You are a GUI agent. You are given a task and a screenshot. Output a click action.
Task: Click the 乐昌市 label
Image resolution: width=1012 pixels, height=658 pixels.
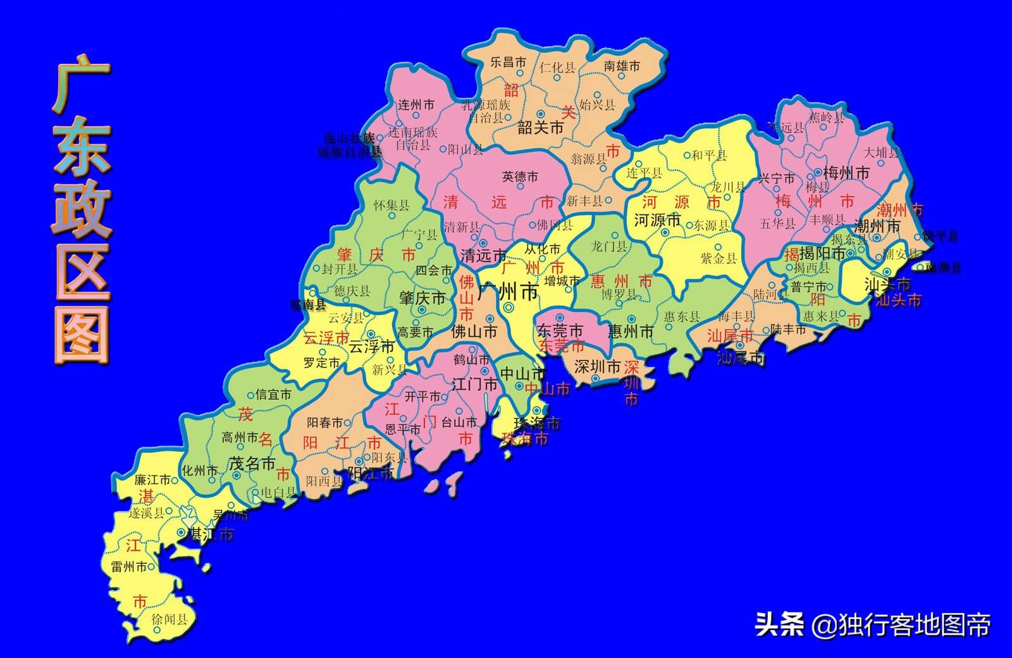click(509, 62)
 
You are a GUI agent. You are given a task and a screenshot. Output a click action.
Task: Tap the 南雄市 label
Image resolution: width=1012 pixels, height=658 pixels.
click(622, 65)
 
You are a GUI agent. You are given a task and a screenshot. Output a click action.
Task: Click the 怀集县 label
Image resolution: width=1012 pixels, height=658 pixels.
click(392, 205)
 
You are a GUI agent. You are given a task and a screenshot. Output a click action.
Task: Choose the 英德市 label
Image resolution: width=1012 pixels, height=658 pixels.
click(520, 177)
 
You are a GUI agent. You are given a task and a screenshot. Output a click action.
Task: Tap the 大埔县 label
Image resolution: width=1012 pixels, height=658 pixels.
click(881, 152)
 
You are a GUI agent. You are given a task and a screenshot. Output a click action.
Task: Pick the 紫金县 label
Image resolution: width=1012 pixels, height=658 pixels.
click(719, 258)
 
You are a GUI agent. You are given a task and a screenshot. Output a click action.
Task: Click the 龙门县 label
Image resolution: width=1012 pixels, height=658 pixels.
click(608, 246)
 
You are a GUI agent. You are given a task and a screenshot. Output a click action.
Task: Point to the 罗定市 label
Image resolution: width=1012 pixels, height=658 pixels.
click(321, 363)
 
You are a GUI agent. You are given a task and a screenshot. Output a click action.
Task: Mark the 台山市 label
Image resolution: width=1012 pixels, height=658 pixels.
click(459, 422)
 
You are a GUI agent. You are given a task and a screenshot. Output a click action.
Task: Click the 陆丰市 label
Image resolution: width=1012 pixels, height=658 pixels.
click(788, 329)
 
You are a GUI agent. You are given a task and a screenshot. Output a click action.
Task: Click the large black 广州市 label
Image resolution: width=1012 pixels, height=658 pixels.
click(508, 292)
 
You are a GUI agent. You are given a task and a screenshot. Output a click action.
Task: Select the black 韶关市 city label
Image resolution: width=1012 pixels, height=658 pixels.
click(540, 127)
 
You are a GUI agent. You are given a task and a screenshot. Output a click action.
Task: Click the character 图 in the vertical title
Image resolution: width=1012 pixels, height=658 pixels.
click(82, 333)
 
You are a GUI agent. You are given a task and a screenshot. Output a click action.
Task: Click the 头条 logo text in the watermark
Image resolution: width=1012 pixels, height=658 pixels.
click(779, 625)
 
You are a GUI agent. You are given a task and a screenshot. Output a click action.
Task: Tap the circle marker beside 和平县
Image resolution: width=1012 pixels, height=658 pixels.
click(687, 155)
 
